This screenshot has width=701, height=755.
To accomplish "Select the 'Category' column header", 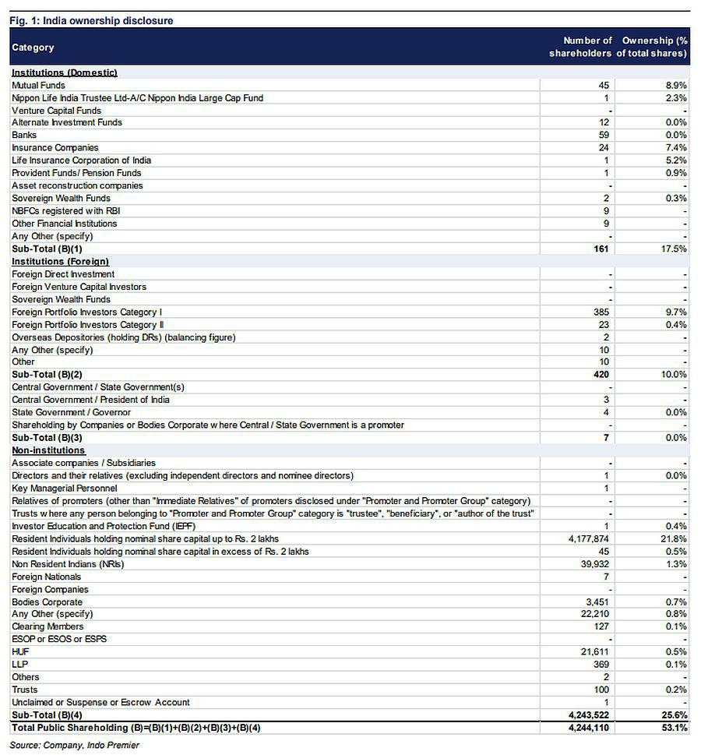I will tap(33, 48).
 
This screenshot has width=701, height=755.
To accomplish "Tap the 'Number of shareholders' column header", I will tap(580, 47).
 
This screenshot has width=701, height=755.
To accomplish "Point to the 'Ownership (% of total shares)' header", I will tap(653, 47).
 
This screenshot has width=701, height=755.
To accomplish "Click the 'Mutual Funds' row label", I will tap(38, 85).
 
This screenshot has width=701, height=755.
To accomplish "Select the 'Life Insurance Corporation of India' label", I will tap(81, 161).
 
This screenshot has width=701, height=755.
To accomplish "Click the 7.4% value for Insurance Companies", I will tap(676, 148).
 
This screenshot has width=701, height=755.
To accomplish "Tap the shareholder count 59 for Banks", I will tap(604, 135).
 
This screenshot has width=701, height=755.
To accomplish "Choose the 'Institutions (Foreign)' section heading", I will tap(60, 262).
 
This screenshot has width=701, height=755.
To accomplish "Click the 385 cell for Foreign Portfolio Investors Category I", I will tap(601, 312).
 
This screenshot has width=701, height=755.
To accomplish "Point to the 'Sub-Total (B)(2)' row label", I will tap(47, 375).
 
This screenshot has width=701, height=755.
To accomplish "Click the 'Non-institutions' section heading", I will tap(48, 450).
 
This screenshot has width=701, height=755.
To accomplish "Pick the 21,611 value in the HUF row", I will tap(594, 651).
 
